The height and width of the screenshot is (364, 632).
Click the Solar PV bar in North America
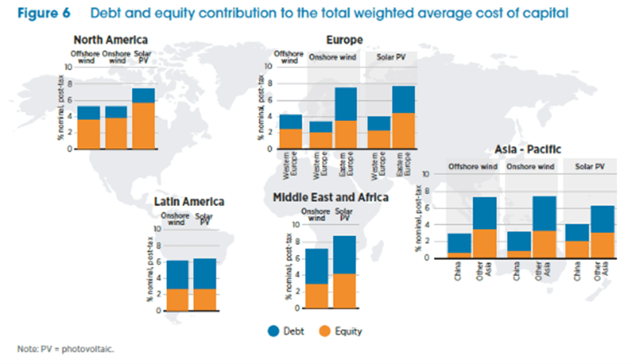click(143, 118)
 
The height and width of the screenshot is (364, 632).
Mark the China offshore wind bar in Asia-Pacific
click(459, 246)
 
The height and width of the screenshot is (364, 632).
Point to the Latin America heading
click(189, 202)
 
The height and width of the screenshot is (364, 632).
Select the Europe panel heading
click(344, 39)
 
